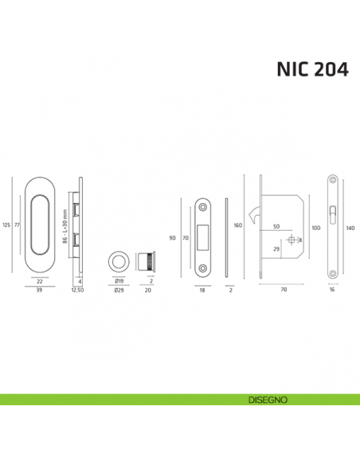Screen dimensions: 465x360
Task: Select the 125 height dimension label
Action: tap(6, 225)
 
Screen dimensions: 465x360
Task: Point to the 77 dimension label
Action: tap(16, 225)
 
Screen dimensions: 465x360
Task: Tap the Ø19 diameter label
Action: tap(118, 281)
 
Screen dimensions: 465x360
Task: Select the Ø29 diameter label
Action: tap(118, 291)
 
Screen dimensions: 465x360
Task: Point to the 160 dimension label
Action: tap(238, 225)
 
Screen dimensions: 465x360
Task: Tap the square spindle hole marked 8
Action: tap(292, 240)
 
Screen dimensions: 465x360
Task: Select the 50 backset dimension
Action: tap(276, 227)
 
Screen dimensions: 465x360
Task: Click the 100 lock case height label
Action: tap(315, 229)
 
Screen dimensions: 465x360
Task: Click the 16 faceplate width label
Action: tap(332, 291)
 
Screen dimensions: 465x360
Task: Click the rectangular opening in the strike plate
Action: tap(205, 236)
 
